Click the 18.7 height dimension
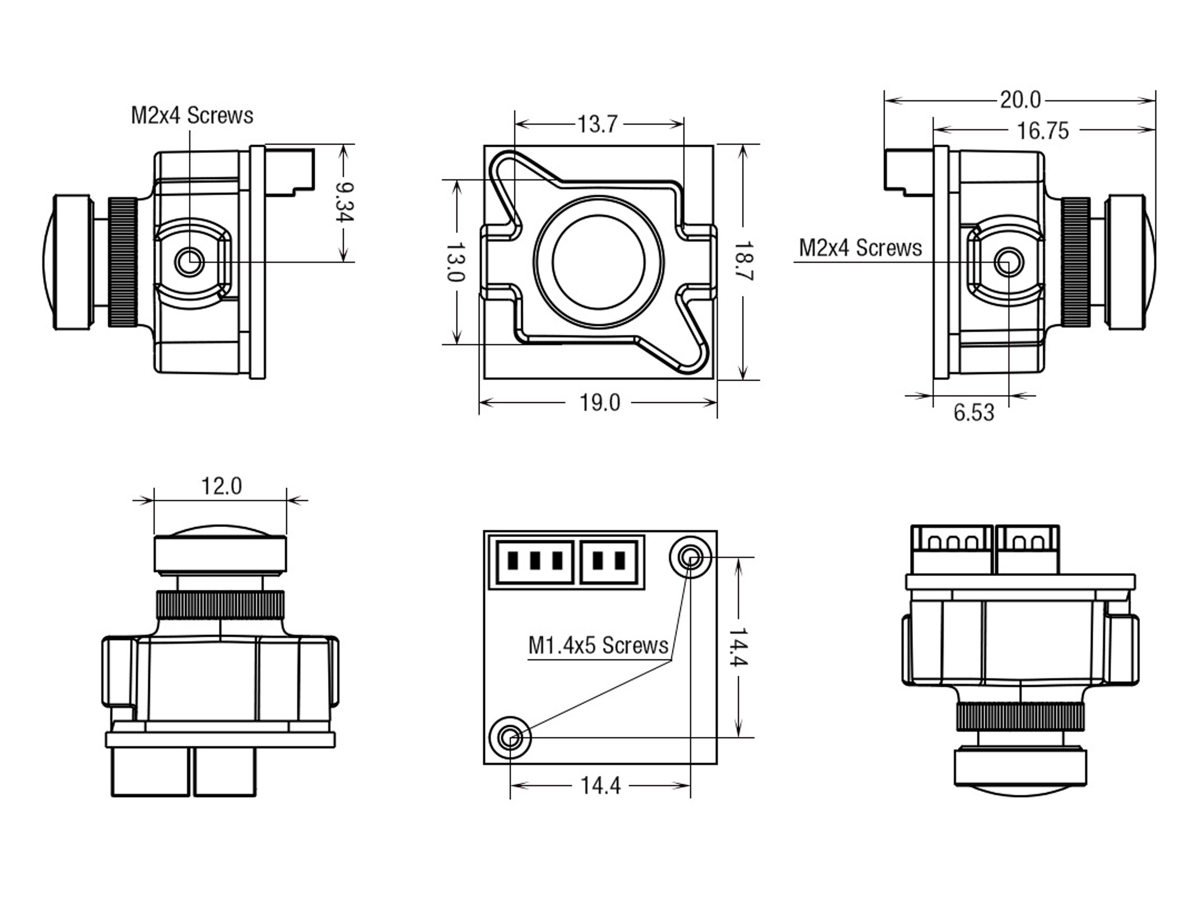click(743, 261)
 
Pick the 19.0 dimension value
click(599, 403)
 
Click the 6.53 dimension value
click(974, 413)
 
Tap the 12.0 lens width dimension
click(221, 486)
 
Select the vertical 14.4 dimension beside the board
click(738, 647)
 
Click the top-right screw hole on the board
click(690, 557)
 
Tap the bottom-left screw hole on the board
click(510, 738)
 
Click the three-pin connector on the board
click(534, 562)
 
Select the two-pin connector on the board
click(609, 562)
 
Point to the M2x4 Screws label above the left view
click(192, 116)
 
